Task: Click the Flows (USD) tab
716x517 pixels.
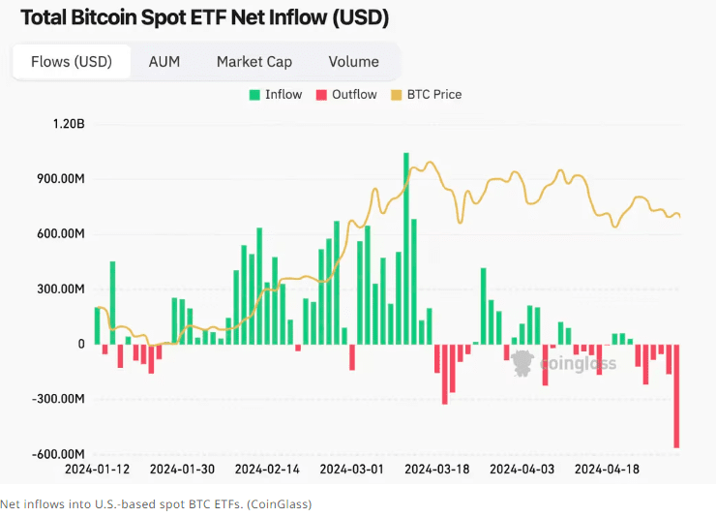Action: (x=72, y=61)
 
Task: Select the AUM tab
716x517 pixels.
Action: (x=164, y=61)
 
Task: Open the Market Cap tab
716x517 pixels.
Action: (x=254, y=61)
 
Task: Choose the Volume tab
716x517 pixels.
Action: (x=353, y=61)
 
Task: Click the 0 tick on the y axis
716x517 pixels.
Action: (x=81, y=344)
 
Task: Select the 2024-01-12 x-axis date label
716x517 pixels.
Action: (x=97, y=470)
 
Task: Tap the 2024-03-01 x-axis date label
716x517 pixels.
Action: (x=353, y=470)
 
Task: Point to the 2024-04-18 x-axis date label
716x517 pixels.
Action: (x=608, y=470)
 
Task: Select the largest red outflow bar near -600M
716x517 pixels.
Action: (x=677, y=396)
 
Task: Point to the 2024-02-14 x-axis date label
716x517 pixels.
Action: (x=268, y=470)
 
